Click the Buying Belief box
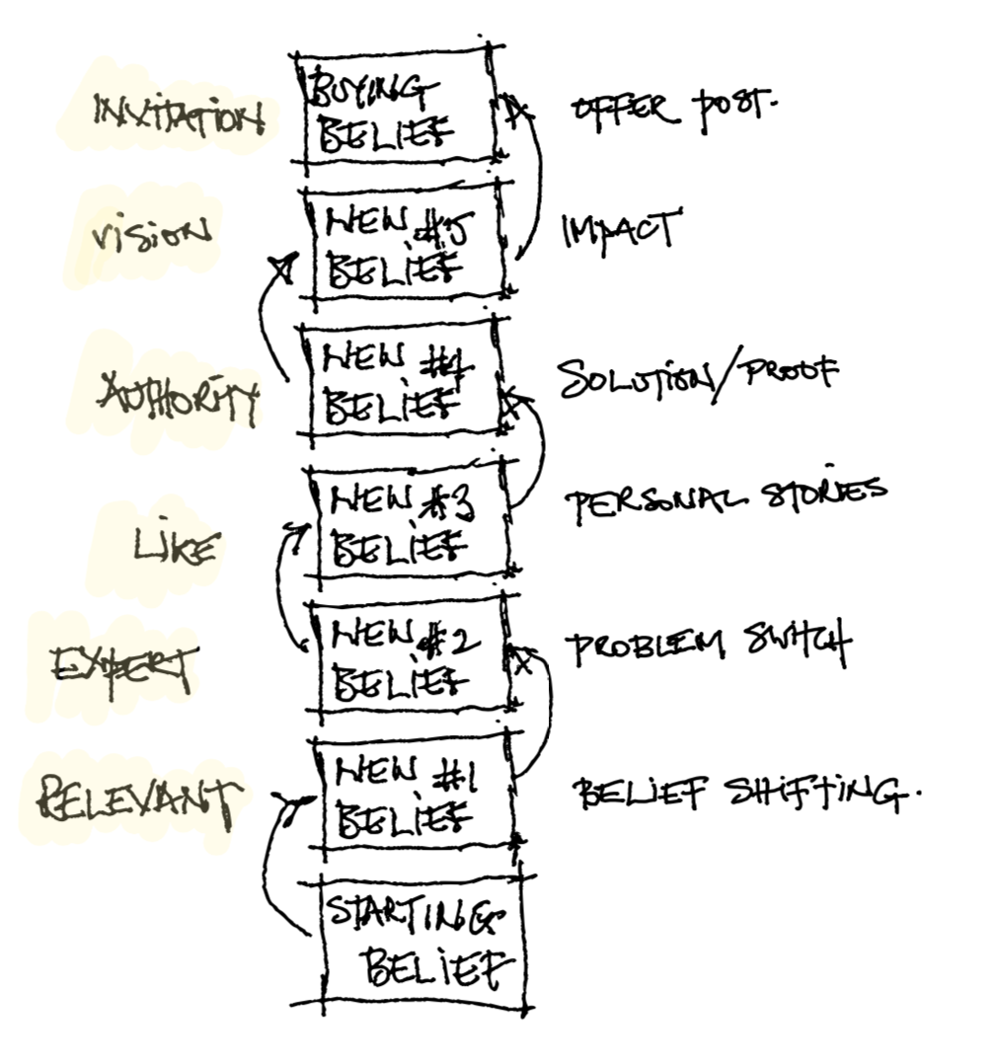395,110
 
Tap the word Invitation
178,115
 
